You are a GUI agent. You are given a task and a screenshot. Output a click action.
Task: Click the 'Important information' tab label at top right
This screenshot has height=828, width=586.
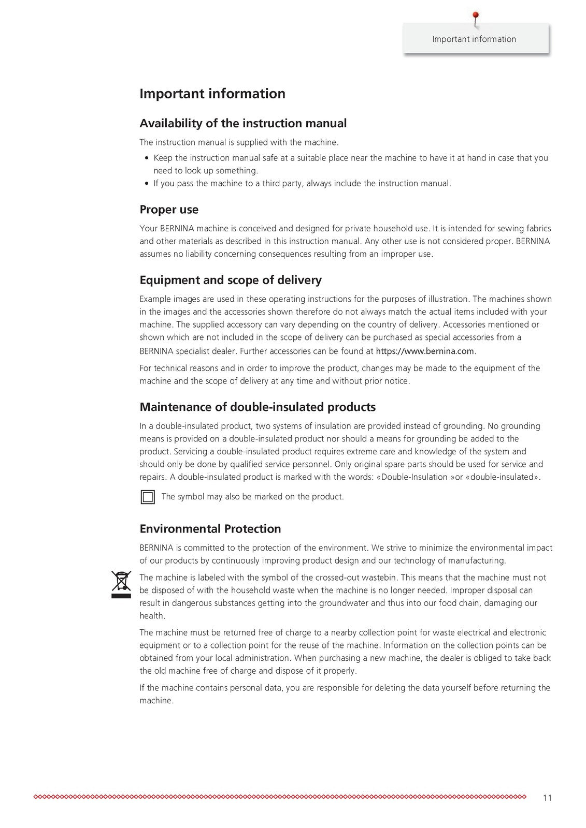pos(474,39)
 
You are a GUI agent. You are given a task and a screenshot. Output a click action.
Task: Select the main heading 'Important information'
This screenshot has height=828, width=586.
pos(212,94)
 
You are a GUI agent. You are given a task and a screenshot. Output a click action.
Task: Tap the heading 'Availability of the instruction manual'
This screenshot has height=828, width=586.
pos(243,123)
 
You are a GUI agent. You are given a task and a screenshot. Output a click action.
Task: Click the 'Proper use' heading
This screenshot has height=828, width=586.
pos(169,210)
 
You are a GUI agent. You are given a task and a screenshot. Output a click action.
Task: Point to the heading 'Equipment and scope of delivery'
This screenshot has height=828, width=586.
pos(231,280)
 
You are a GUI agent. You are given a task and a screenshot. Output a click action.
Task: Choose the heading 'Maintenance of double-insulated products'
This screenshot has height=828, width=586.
pos(258,407)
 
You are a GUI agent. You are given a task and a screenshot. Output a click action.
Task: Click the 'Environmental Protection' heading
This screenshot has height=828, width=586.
pos(210,529)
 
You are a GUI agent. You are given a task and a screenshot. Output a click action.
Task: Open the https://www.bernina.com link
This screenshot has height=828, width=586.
pos(425,351)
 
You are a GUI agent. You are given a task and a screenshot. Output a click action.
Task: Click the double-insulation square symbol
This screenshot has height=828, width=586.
pos(148,497)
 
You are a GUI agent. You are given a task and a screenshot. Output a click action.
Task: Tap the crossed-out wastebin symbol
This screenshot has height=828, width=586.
pos(121,584)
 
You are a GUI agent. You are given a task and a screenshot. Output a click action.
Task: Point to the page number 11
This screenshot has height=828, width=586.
pos(547,797)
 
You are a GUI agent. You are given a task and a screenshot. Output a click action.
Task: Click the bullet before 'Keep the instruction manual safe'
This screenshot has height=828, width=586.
pos(148,158)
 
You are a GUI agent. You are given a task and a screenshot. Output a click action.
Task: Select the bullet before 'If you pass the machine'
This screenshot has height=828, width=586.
pos(148,184)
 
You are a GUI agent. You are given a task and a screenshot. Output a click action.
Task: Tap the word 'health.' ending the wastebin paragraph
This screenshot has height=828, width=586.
pos(152,616)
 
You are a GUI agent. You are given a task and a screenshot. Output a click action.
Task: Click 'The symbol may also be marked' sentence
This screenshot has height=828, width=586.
pos(252,497)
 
